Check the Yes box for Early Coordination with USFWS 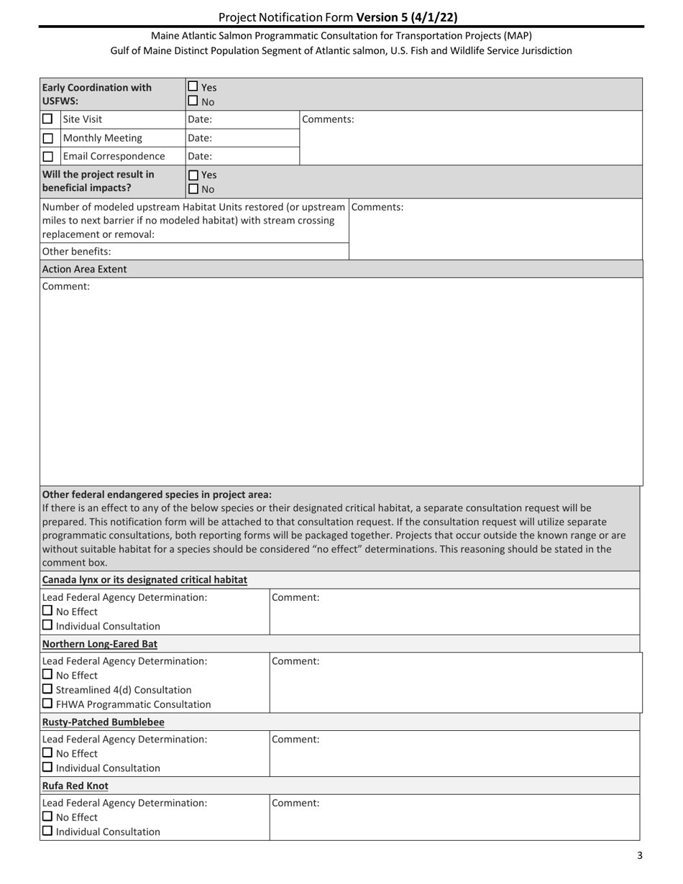click(x=193, y=88)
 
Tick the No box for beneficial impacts click(x=193, y=189)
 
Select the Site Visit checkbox click(x=48, y=119)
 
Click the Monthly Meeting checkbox click(x=48, y=138)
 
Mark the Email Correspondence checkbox click(x=48, y=156)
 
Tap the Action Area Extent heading click(x=85, y=270)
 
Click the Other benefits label click(x=77, y=252)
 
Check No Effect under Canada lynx click(x=47, y=611)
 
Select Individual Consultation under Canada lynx click(x=47, y=625)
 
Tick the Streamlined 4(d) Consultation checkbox click(x=47, y=690)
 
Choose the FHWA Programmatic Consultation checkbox click(x=47, y=704)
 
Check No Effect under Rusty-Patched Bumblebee click(x=47, y=753)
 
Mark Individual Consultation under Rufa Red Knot click(x=47, y=832)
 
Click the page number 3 click(x=640, y=855)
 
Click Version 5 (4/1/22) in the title click(x=406, y=17)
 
